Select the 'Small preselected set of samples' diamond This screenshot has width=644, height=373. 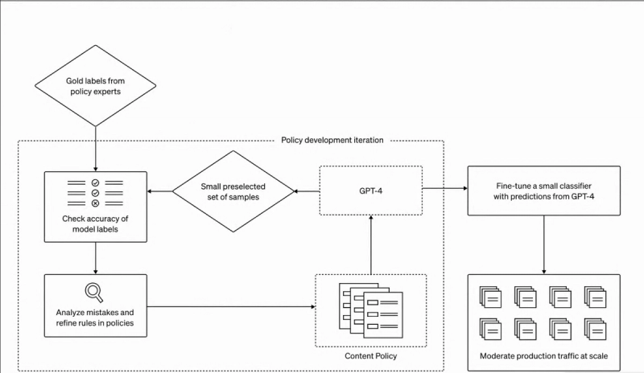coord(233,191)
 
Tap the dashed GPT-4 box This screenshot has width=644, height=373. coord(371,191)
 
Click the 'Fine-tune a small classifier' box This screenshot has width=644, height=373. coord(543,191)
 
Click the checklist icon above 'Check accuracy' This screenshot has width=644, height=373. coord(95,194)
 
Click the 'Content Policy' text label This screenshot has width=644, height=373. coord(370,355)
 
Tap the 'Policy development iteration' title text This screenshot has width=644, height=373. coord(332,140)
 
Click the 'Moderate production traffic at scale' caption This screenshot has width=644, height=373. coord(543,355)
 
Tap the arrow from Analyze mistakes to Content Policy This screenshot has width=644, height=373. coord(230,306)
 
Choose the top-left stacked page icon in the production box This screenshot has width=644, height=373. coord(490,296)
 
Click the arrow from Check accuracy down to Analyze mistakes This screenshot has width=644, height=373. coord(96,256)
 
